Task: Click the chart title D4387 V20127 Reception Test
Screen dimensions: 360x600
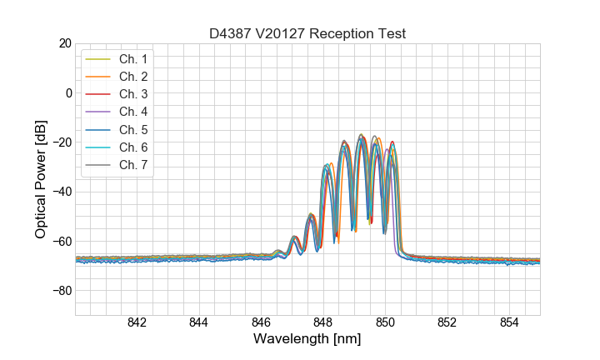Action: [x=307, y=33]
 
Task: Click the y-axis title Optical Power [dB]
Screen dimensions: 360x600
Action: [x=41, y=178]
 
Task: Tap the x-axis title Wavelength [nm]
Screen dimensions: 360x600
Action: [x=307, y=340]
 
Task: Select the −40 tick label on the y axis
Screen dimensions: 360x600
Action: [x=61, y=192]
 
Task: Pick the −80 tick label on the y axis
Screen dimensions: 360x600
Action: [x=61, y=291]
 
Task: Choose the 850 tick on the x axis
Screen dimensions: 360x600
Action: [x=385, y=323]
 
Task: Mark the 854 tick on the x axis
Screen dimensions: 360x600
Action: [x=509, y=323]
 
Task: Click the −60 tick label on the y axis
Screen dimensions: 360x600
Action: [x=61, y=242]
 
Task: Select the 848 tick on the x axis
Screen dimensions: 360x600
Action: [x=323, y=323]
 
